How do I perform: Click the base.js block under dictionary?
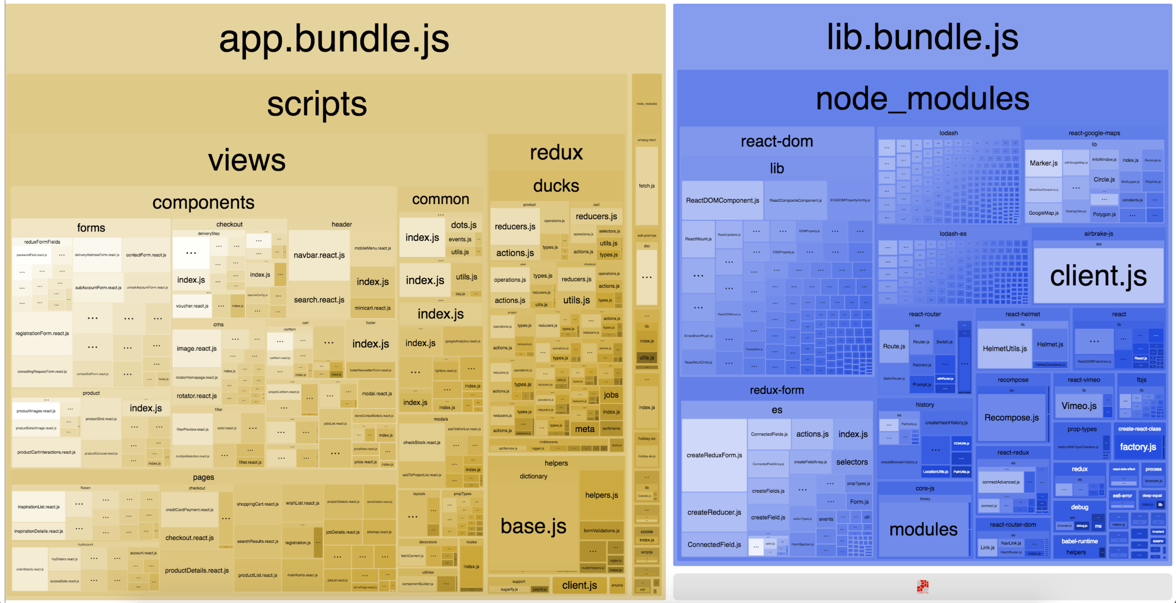[x=533, y=526]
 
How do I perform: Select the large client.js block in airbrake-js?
[x=1098, y=276]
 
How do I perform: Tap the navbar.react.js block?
[x=319, y=255]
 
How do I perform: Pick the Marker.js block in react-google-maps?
[x=1043, y=163]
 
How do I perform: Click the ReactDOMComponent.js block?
[x=722, y=200]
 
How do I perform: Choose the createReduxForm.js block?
[x=714, y=455]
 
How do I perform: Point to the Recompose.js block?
[x=1011, y=418]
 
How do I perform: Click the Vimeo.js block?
[x=1079, y=406]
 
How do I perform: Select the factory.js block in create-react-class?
[x=1138, y=447]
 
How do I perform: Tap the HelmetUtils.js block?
[x=1004, y=349]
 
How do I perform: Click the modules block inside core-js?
[x=923, y=530]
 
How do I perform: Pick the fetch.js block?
[x=646, y=186]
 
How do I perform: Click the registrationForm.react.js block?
[x=42, y=333]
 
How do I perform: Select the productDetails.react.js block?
[x=197, y=571]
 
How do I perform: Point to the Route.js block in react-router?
[x=894, y=346]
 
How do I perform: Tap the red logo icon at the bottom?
[x=922, y=586]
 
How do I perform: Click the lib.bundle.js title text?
[x=922, y=38]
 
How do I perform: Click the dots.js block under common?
[x=463, y=225]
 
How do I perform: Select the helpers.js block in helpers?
[x=601, y=495]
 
